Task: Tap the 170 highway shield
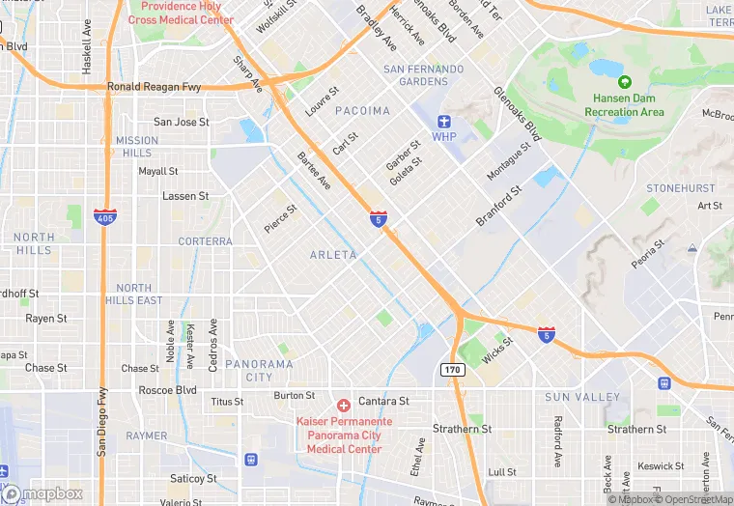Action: pyautogui.click(x=453, y=369)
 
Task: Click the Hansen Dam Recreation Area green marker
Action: pyautogui.click(x=624, y=82)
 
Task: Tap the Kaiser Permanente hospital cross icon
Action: pyautogui.click(x=342, y=404)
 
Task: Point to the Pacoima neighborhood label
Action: pyautogui.click(x=362, y=111)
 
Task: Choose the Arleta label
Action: pyautogui.click(x=333, y=255)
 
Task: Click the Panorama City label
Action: pyautogui.click(x=259, y=370)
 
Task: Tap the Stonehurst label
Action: pyautogui.click(x=680, y=188)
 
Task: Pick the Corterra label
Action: pyautogui.click(x=205, y=241)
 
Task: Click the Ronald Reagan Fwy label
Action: pyautogui.click(x=154, y=86)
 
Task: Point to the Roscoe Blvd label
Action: pyautogui.click(x=167, y=391)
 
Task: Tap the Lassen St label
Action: pyautogui.click(x=185, y=196)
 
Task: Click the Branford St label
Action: pyautogui.click(x=498, y=206)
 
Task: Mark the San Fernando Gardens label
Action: pyautogui.click(x=423, y=75)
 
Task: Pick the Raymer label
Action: pyautogui.click(x=146, y=436)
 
